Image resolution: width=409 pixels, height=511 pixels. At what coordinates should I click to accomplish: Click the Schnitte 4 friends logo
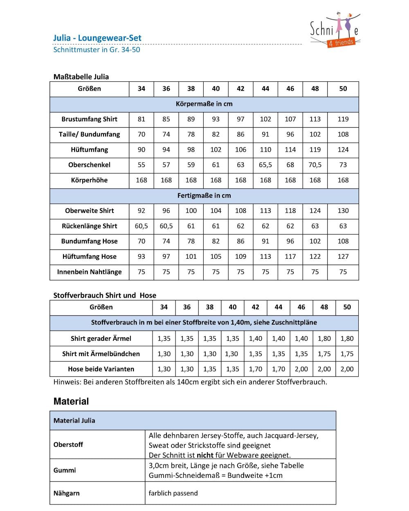pos(335,30)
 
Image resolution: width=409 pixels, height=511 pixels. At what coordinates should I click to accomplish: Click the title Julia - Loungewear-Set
pos(97,38)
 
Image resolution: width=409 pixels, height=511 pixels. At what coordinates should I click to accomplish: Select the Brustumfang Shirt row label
pos(89,119)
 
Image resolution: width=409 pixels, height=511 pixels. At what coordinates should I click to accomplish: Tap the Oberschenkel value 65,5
pos(265,165)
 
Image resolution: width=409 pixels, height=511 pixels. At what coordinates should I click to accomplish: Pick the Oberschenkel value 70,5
pos(315,165)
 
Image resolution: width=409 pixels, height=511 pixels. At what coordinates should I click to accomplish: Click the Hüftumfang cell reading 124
pos(343,150)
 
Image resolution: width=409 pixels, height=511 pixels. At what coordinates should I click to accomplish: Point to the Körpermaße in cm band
pos(204,104)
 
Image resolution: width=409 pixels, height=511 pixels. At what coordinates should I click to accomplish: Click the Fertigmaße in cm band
pos(204,196)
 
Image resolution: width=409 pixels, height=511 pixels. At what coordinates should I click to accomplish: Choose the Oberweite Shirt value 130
pos(343,211)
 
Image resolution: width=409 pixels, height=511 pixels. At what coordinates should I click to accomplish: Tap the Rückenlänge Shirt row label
pos(89,226)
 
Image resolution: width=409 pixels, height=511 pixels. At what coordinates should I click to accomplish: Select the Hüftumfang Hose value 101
pos(191,257)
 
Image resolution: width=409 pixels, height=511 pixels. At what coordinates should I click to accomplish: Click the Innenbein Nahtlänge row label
pos(89,272)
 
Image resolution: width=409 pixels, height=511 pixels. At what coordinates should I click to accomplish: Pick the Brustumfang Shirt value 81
pos(142,119)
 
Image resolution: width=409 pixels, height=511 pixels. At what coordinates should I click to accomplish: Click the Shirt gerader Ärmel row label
pos(101,338)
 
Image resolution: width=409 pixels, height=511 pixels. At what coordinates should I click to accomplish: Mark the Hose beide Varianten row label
pos(101,369)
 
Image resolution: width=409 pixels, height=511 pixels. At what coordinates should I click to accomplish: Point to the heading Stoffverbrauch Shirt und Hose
pos(105,295)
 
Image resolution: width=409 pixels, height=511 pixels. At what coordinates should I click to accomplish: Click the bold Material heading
pos(71,401)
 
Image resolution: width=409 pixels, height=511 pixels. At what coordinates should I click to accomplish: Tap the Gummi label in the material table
pos(65,471)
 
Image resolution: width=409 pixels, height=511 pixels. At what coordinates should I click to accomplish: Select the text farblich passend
pos(173,493)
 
